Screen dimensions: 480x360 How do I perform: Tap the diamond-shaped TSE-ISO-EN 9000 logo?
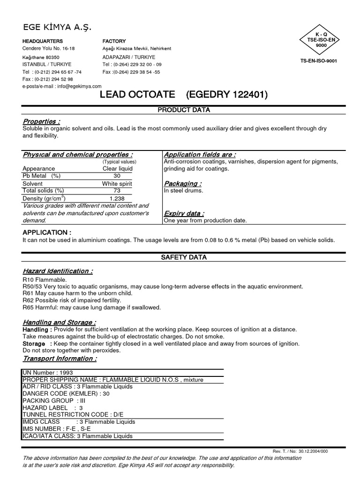[318, 41]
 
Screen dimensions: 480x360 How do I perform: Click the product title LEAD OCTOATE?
[137, 95]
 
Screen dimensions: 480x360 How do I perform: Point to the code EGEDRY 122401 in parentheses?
[227, 95]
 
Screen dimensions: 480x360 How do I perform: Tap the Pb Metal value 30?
[117, 176]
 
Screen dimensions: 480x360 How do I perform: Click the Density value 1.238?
[117, 199]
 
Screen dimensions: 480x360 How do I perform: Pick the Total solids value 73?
[117, 191]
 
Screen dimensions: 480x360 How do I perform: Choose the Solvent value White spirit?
[117, 184]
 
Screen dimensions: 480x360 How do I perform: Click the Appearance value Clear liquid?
[117, 168]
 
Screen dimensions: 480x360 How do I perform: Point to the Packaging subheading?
[183, 184]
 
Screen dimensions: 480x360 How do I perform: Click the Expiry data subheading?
[184, 213]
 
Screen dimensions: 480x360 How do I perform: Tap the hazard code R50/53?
[32, 286]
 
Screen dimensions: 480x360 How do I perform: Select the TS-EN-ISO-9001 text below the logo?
[318, 61]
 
